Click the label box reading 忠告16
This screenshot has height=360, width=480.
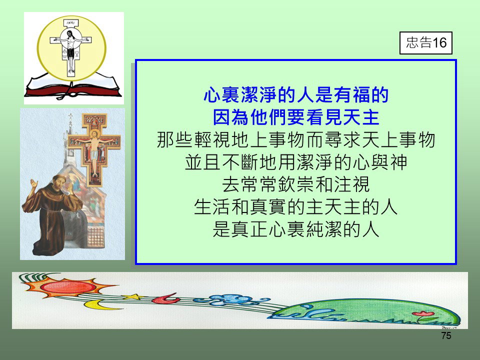(x=425, y=43)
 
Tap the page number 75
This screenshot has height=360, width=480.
(x=446, y=335)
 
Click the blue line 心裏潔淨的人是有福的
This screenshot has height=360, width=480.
(x=296, y=95)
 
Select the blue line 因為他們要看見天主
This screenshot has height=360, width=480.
(x=296, y=117)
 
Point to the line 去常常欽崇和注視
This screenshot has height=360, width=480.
(x=296, y=184)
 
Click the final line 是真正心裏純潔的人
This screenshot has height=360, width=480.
(x=296, y=229)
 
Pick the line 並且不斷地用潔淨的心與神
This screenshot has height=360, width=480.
(x=296, y=162)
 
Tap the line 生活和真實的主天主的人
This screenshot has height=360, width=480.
(x=296, y=207)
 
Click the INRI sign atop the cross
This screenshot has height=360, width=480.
(x=70, y=23)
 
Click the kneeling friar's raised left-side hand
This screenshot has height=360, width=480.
(x=33, y=184)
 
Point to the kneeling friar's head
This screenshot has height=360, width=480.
(x=59, y=182)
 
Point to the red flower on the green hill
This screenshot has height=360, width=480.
(x=423, y=314)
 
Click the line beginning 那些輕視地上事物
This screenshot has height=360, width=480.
(x=296, y=140)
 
